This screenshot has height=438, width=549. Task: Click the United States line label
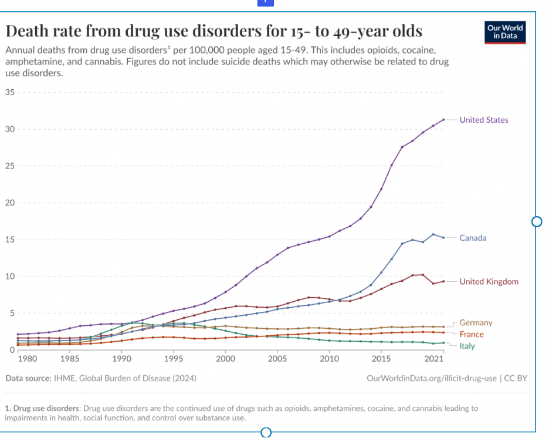(483, 120)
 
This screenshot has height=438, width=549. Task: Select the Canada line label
(473, 238)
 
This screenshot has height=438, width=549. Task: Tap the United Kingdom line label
(489, 281)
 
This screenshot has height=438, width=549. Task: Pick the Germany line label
(476, 322)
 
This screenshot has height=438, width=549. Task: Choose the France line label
(472, 334)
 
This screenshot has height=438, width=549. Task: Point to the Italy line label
(467, 346)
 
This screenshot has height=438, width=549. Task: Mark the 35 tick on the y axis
(10, 92)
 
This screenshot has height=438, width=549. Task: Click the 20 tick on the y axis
(10, 203)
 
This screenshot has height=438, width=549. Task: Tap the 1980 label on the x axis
(27, 358)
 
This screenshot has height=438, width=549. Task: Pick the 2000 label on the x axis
(225, 358)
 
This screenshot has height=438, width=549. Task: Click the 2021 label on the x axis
(433, 358)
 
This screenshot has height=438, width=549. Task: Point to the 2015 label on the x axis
(381, 358)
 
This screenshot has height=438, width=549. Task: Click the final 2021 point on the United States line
(444, 120)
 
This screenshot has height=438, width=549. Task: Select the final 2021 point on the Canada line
(444, 238)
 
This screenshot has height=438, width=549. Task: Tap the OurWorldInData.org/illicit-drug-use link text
(431, 378)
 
